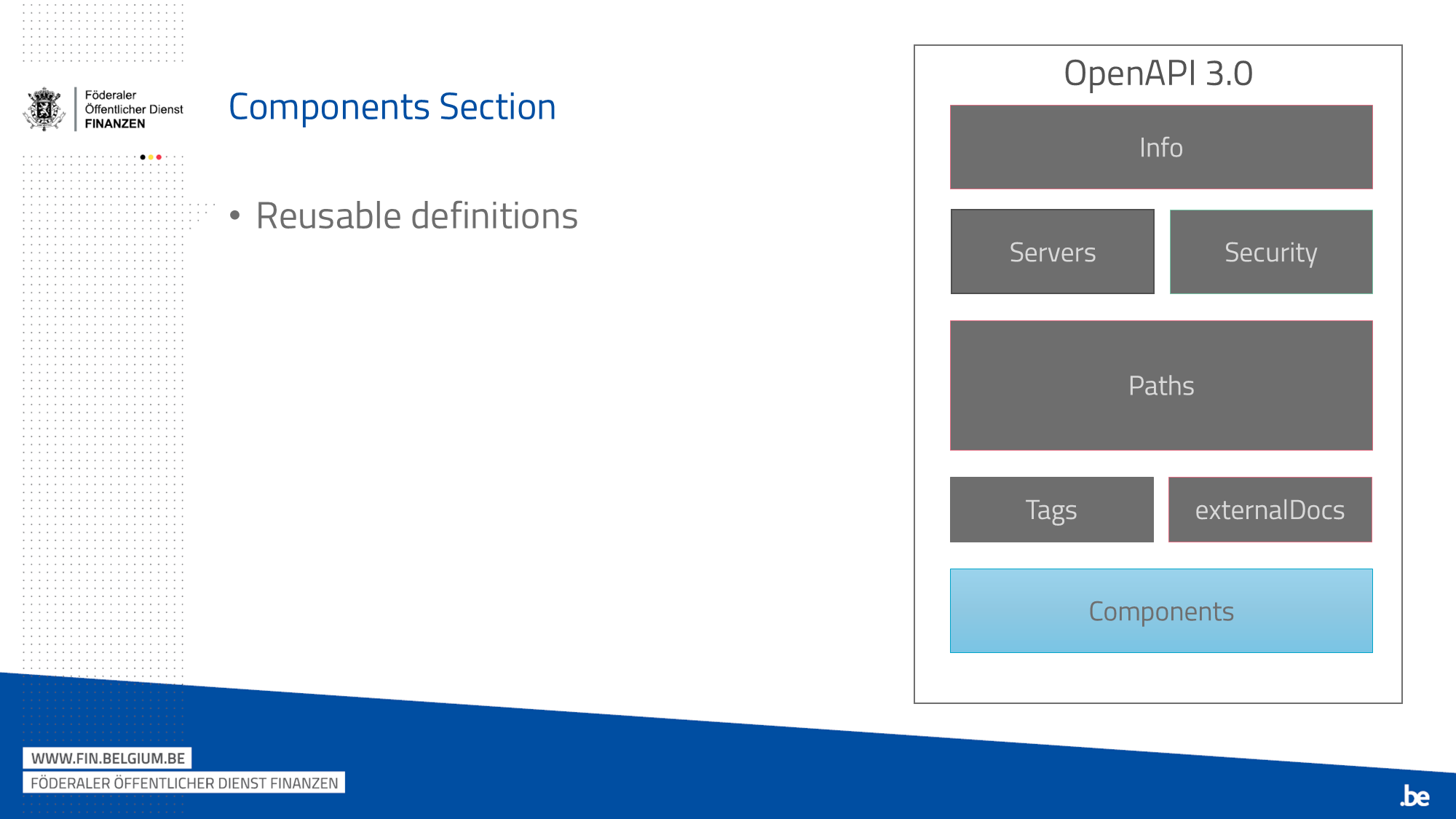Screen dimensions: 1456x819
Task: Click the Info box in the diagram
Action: point(1161,147)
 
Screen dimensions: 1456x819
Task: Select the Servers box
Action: point(1053,252)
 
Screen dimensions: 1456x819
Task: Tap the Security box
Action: point(1271,252)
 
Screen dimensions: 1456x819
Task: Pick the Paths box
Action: point(1161,386)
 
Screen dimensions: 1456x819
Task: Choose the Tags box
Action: point(1052,510)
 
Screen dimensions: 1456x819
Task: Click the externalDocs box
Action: point(1270,510)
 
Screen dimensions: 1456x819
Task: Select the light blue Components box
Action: point(1161,611)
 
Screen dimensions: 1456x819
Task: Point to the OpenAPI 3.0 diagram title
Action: point(1158,74)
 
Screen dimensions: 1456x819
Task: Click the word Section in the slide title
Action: point(498,107)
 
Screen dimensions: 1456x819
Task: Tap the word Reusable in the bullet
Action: point(328,216)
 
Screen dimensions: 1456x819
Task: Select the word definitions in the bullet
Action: point(494,216)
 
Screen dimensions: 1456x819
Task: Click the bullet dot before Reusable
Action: point(234,215)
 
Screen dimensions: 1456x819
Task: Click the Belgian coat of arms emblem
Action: point(44,109)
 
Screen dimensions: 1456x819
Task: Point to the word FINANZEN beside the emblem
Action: point(115,124)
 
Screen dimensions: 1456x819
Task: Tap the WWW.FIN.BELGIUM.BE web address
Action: point(108,759)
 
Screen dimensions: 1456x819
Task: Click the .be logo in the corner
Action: point(1415,796)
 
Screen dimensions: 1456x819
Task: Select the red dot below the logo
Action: point(159,157)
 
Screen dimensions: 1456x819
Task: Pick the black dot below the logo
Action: point(143,157)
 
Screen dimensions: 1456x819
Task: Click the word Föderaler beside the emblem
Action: point(111,95)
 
